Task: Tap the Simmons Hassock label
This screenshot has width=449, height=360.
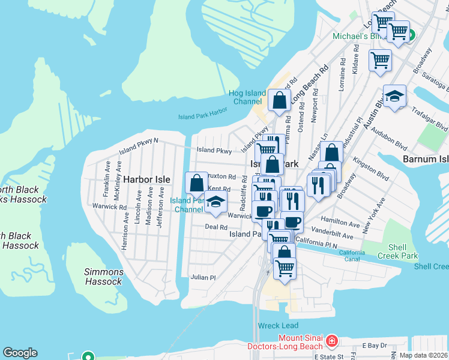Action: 104,277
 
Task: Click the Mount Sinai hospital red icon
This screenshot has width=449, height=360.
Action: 332,342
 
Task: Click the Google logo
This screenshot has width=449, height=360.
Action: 20,353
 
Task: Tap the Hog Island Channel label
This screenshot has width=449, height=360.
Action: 246,97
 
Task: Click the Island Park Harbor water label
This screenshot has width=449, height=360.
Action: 203,116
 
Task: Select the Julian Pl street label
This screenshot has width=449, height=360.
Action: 202,278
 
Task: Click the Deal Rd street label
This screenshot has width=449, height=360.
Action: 216,227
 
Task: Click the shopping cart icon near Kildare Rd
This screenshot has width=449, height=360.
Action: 380,60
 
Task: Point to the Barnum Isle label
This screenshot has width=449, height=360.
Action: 426,160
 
